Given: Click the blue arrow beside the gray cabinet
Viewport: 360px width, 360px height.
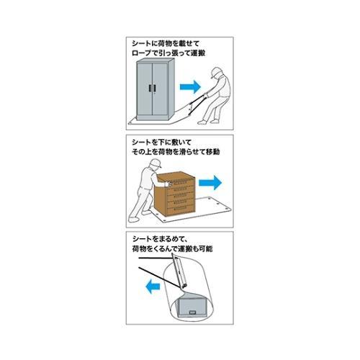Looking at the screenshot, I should pyautogui.click(x=188, y=86).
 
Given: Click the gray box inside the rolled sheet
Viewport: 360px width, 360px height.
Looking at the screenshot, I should pyautogui.click(x=197, y=308).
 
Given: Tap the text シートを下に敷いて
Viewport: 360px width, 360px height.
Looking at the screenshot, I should pyautogui.click(x=162, y=142).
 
